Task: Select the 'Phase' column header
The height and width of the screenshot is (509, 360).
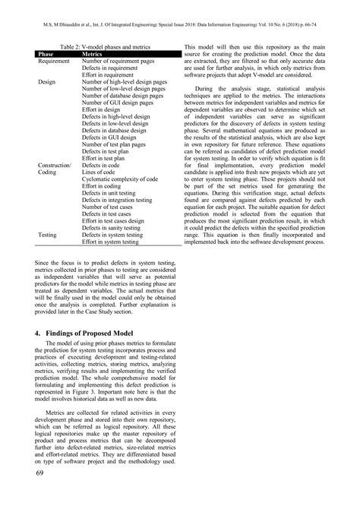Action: tap(46, 54)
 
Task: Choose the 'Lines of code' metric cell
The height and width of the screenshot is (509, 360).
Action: tap(103, 172)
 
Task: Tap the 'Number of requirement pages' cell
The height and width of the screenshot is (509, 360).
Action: tap(118, 61)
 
